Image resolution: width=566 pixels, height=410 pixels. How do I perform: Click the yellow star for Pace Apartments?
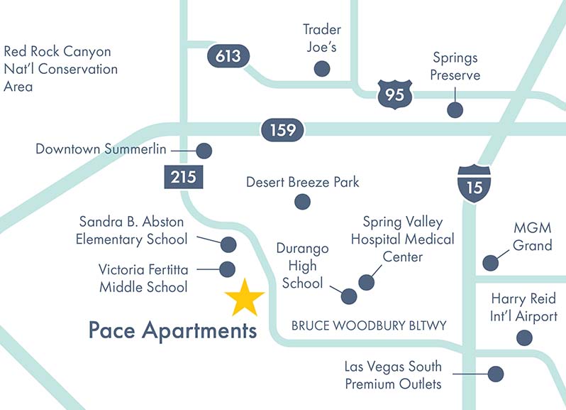[245, 298]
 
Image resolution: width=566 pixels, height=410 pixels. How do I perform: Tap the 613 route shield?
[228, 56]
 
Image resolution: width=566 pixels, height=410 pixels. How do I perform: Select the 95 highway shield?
[394, 93]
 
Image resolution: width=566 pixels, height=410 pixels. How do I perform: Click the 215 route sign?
[184, 176]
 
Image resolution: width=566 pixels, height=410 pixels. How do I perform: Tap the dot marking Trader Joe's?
[322, 68]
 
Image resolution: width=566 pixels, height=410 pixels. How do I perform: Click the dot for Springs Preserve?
[455, 109]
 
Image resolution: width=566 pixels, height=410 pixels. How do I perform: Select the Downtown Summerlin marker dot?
[204, 151]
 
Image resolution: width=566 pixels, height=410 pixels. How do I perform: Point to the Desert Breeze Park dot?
[302, 202]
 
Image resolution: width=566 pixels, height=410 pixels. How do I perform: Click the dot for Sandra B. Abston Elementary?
[228, 244]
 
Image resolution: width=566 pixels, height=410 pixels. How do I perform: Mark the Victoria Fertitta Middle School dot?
[228, 269]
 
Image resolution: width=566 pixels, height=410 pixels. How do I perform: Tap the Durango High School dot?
[349, 296]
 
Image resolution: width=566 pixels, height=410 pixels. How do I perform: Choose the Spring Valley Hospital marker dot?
[366, 282]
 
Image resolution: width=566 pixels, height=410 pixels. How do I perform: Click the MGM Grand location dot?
[490, 263]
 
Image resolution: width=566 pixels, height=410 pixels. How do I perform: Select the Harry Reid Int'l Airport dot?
[524, 338]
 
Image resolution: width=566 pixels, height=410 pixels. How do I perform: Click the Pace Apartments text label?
[172, 330]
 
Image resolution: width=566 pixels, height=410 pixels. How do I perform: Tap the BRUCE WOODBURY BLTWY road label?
[369, 326]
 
